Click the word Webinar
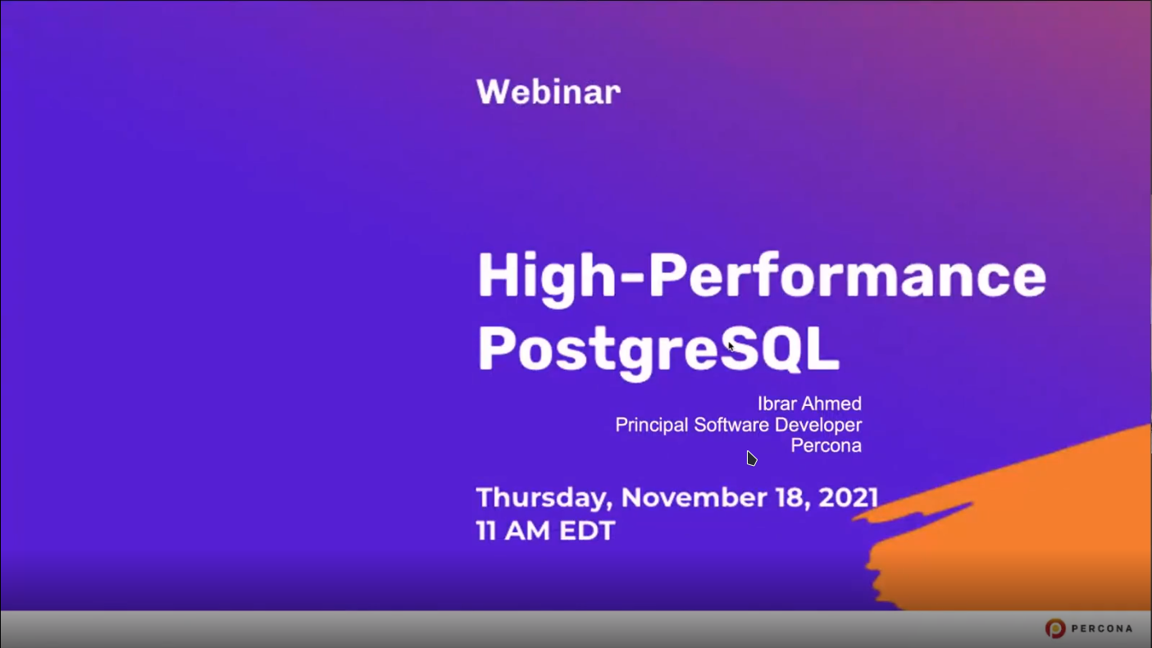point(549,92)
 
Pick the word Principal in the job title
point(652,426)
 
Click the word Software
point(731,425)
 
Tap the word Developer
point(818,426)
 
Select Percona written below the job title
point(826,445)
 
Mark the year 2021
point(848,497)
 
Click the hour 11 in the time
point(486,530)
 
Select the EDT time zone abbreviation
point(587,530)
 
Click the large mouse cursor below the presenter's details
point(751,459)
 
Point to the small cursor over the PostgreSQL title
point(731,346)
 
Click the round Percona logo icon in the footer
point(1054,628)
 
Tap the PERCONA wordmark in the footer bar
point(1102,628)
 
